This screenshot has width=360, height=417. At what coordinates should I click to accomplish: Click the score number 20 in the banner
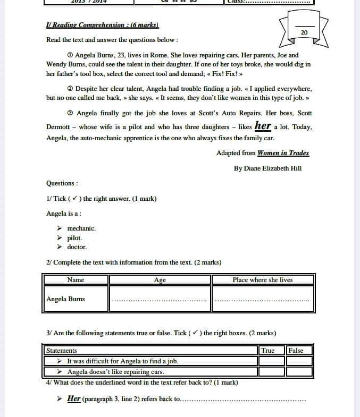click(x=304, y=33)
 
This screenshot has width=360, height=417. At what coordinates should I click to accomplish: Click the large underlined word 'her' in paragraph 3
click(x=263, y=126)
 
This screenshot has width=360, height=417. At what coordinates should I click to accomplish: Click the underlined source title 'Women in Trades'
click(x=283, y=153)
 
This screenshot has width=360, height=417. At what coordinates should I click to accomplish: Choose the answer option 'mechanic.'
click(x=81, y=228)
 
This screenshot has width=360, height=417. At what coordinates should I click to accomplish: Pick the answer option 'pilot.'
click(x=74, y=238)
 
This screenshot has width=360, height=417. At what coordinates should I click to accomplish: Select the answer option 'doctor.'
click(x=77, y=247)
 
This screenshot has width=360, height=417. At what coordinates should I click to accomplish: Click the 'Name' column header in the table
click(x=76, y=280)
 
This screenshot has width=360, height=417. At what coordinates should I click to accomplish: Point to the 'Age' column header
click(x=160, y=280)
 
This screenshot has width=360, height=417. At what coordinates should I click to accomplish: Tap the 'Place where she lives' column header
click(x=262, y=280)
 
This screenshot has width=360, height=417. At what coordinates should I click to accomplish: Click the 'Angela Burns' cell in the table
click(x=65, y=299)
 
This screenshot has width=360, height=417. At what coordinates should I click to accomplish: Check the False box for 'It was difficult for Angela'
click(x=299, y=361)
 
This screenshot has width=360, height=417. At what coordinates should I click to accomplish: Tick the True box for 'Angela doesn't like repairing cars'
click(x=272, y=372)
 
